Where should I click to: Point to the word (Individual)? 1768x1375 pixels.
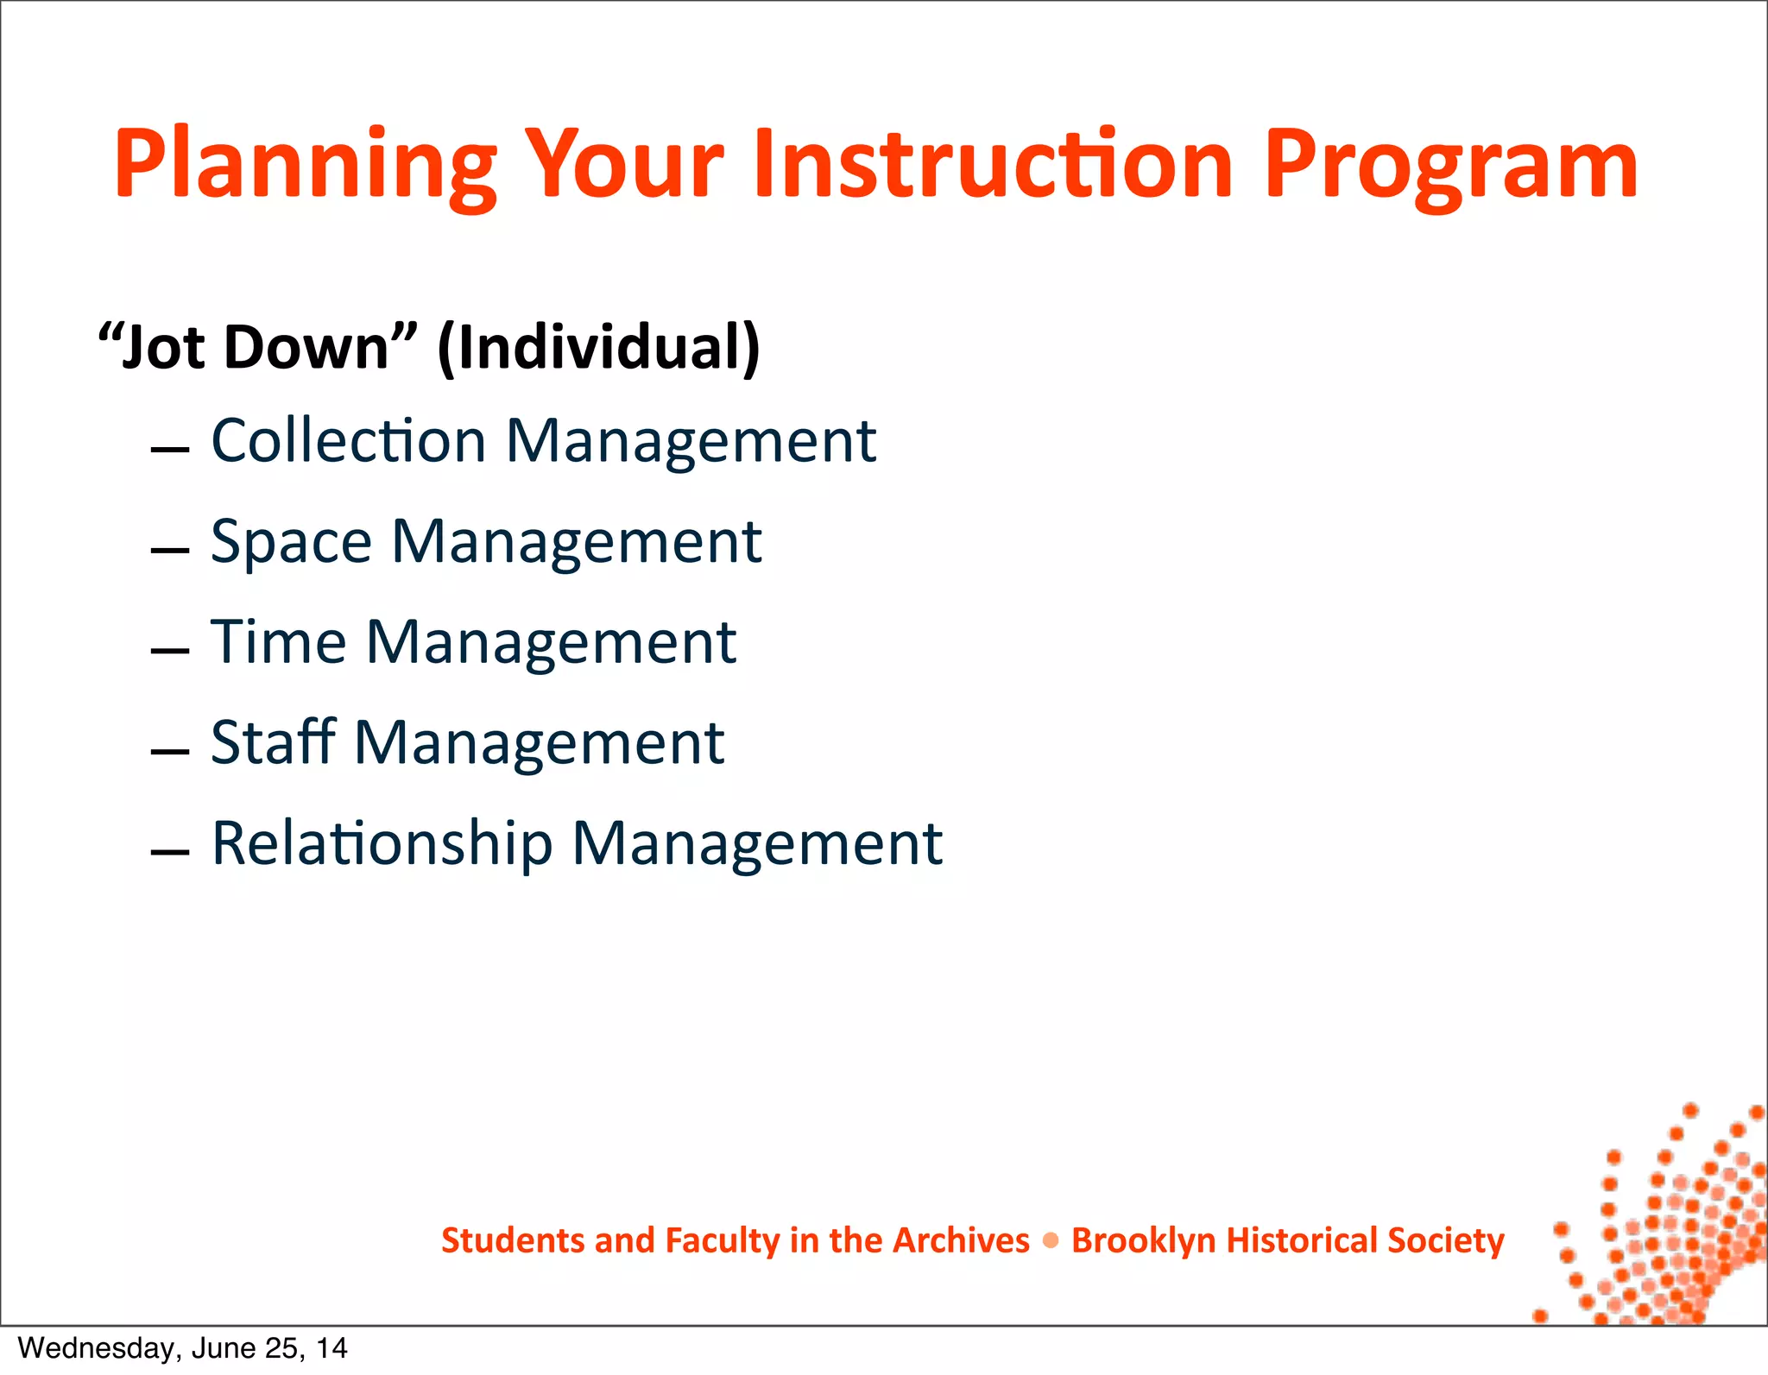point(599,347)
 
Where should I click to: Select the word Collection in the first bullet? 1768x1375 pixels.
point(349,441)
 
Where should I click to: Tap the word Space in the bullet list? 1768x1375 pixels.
point(292,542)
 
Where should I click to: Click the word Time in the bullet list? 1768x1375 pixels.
point(279,642)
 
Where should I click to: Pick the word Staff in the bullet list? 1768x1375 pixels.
point(273,742)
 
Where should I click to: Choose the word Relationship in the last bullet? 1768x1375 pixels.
point(382,843)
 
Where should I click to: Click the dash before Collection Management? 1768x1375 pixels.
point(169,450)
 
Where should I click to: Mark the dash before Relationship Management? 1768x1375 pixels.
point(169,852)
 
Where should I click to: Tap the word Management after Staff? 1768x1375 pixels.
point(539,744)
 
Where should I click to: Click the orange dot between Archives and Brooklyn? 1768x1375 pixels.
point(1051,1241)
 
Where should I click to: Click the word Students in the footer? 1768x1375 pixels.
point(513,1241)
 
